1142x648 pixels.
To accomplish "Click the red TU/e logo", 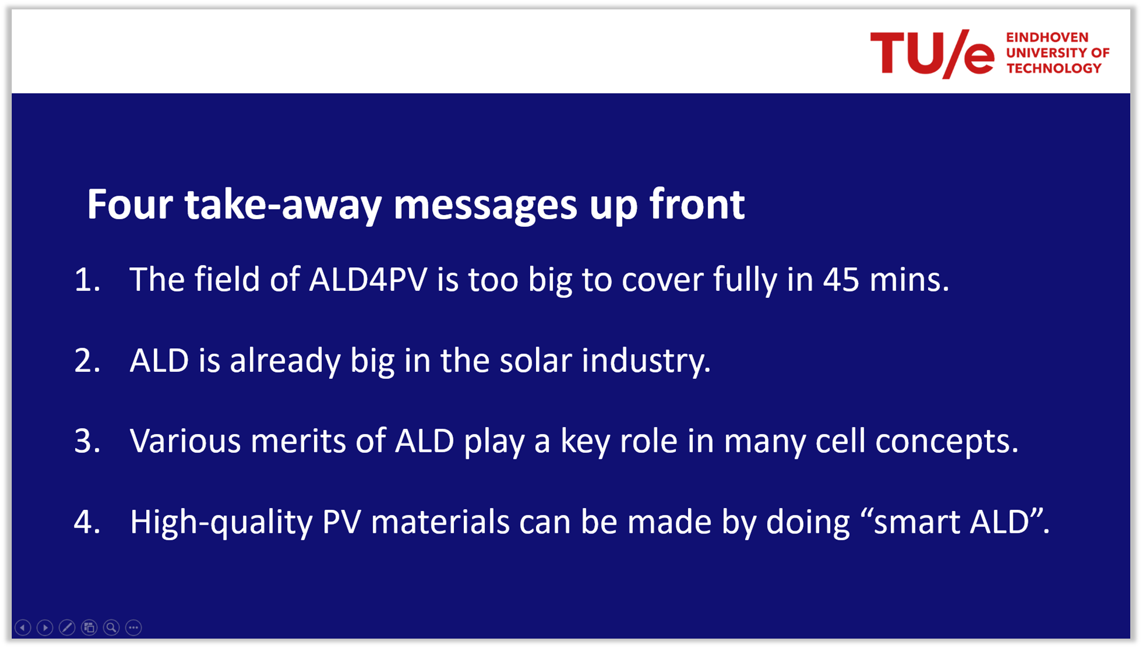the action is tap(932, 53).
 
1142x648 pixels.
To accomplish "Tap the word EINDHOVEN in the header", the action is tap(1047, 38).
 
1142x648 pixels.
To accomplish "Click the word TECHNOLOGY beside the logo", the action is tap(1054, 68).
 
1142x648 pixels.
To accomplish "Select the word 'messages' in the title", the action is tap(485, 206).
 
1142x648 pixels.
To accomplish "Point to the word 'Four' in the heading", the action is tap(130, 204).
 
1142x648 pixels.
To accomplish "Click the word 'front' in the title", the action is tap(697, 204).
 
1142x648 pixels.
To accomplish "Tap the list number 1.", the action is tap(87, 280).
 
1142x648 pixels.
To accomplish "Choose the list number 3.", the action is tap(87, 441).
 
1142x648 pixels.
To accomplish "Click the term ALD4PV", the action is tap(368, 279).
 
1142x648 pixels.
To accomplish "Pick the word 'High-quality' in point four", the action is tap(221, 522).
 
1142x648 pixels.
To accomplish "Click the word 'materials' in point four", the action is tap(440, 522).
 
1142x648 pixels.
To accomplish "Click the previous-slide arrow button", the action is tap(23, 627).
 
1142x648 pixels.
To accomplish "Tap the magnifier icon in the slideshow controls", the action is tap(111, 627).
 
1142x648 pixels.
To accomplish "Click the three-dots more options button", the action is tap(133, 627).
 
